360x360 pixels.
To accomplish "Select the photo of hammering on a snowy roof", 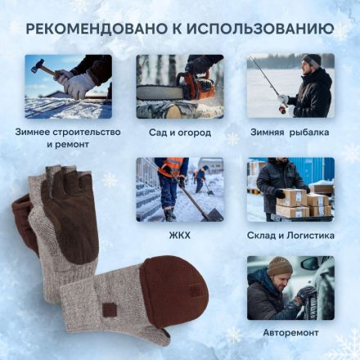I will tap(68, 87).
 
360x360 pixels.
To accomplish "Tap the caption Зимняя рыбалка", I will tap(290, 131).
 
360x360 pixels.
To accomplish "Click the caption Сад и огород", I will tap(179, 131).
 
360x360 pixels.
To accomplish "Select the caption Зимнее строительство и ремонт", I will tap(68, 137).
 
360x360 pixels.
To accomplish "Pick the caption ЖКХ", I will tap(179, 235).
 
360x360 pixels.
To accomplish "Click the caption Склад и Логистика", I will tap(290, 235).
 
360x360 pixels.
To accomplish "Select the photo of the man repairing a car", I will tap(290, 288).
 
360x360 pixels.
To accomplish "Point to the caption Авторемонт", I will tap(290, 333).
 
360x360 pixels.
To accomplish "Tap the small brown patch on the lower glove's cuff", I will tap(109, 310).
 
